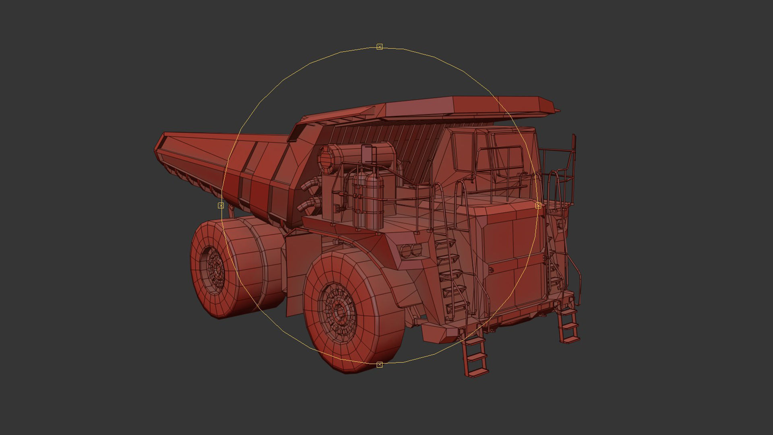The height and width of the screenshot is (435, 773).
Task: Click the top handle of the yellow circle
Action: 379,47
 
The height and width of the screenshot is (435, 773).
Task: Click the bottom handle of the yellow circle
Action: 379,365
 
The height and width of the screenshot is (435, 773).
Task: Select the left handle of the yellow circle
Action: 221,205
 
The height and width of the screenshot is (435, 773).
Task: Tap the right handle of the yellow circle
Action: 538,205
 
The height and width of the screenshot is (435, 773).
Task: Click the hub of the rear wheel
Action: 215,267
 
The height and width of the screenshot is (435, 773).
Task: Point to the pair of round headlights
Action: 411,251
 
